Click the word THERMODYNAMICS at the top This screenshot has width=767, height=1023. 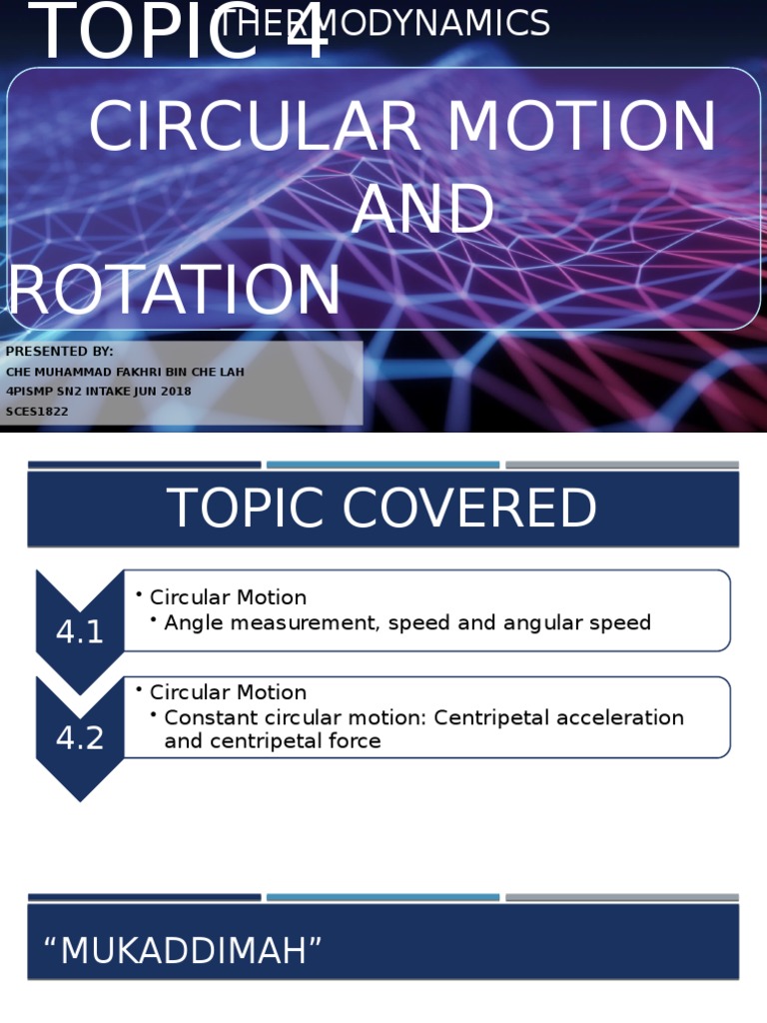(384, 23)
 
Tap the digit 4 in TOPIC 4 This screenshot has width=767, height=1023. (299, 32)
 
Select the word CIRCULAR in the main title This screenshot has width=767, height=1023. (256, 128)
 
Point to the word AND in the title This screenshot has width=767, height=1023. (422, 211)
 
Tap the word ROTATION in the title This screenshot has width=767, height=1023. (176, 291)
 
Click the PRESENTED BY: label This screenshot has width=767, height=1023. (60, 352)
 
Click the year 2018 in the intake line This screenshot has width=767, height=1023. (172, 392)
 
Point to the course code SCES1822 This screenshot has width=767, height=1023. (37, 412)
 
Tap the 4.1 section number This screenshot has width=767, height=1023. (80, 632)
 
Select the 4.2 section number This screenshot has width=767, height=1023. (80, 738)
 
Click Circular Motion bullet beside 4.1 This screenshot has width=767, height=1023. (228, 597)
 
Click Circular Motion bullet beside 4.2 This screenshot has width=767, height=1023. (228, 692)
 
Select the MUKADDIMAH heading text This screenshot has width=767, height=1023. (183, 951)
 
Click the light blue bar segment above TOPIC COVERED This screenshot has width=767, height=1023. (383, 465)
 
